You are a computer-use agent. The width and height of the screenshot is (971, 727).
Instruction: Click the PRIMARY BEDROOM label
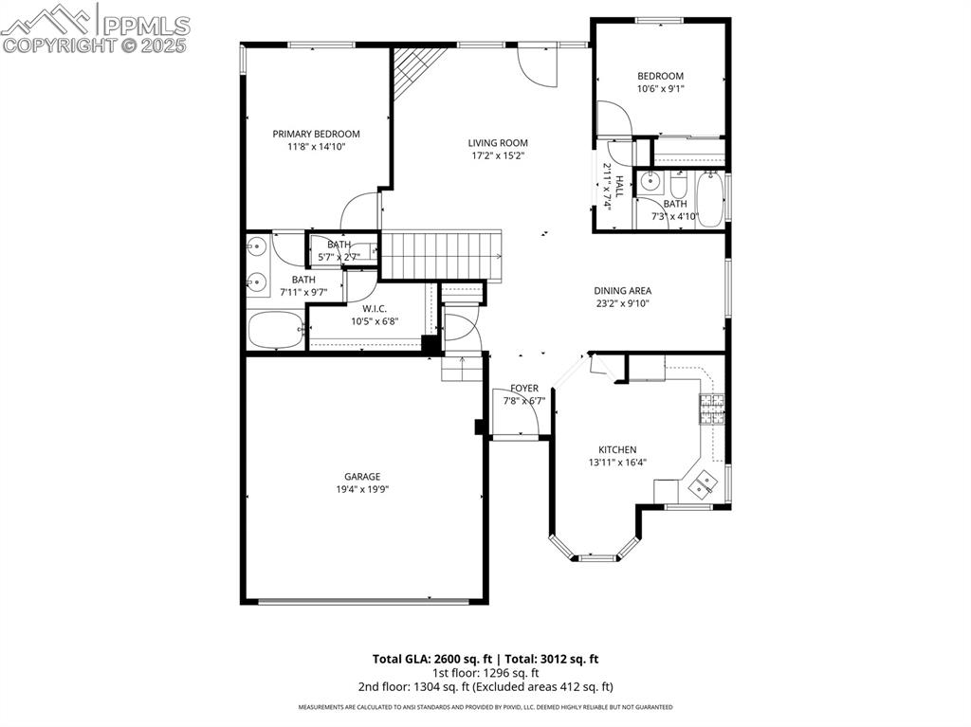(316, 134)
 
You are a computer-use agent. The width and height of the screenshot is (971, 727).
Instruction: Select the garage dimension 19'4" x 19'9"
(362, 490)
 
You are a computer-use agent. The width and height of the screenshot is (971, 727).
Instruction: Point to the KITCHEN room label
(616, 449)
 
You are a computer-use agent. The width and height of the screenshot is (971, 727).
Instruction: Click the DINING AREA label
(622, 291)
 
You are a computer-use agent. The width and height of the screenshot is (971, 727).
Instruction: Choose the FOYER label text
(524, 388)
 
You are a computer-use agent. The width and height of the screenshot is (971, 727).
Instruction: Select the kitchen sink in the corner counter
(703, 485)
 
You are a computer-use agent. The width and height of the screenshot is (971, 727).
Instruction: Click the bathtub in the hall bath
(710, 198)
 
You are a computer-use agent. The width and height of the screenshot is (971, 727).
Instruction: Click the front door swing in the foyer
(519, 424)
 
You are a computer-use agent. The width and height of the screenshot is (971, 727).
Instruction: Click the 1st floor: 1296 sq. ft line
(485, 673)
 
